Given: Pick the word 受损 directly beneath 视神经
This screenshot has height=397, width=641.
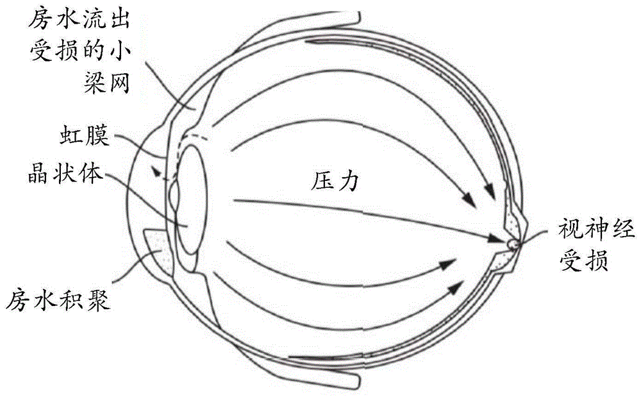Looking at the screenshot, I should pos(574,261).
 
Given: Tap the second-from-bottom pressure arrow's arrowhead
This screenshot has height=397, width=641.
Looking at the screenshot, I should pos(447,263).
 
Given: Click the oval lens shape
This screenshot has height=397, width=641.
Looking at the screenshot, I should pos(190,199).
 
